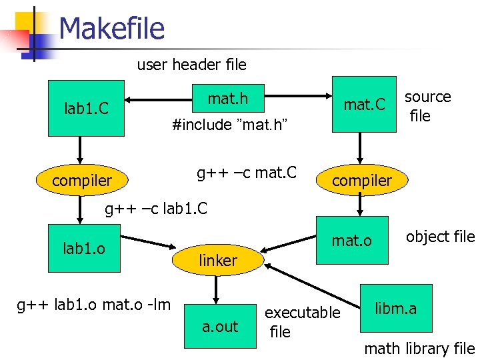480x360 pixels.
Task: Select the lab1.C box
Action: coord(86,108)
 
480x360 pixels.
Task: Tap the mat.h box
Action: coord(227,99)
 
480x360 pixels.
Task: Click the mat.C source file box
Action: coord(364,104)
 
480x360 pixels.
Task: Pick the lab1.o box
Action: coord(83,248)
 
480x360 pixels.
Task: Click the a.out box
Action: coord(220,326)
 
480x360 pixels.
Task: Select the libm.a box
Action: coord(395,308)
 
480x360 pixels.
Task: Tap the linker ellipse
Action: coord(217,261)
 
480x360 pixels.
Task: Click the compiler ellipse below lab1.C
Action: coord(82,180)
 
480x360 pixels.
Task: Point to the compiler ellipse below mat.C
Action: coord(362,180)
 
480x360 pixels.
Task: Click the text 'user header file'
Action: coord(191,65)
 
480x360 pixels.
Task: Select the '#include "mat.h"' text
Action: coord(229,125)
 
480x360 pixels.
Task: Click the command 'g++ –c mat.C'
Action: coord(247,174)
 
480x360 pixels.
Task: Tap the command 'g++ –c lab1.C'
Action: coord(157,209)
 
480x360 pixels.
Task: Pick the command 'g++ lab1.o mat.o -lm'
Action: coord(94,305)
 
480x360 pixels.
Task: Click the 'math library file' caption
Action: coord(419,348)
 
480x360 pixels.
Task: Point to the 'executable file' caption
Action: coord(301,322)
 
